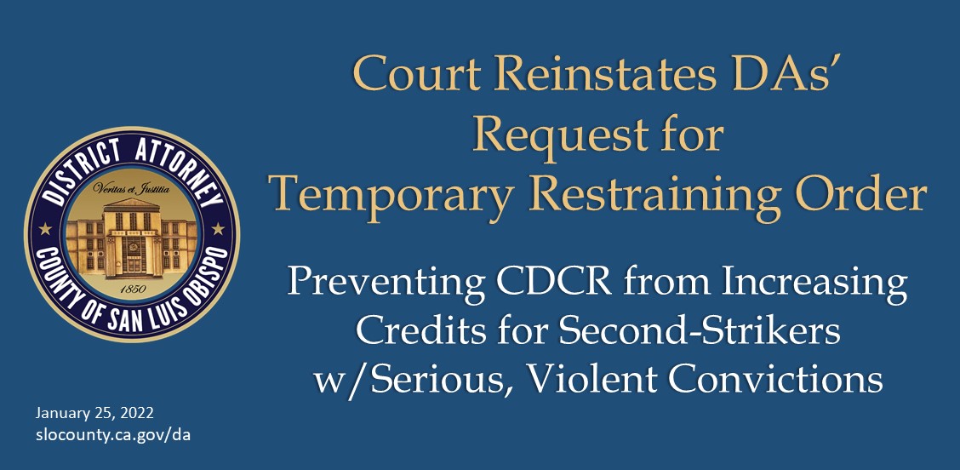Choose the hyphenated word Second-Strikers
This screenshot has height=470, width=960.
click(692, 331)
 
